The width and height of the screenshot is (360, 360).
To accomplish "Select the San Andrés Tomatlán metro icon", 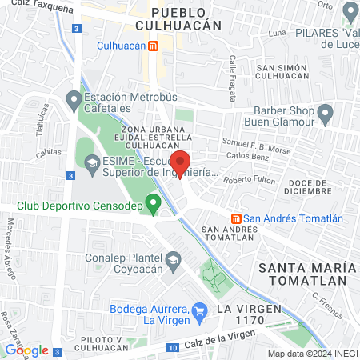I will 236,218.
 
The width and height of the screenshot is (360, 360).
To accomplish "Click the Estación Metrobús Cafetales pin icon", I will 74,102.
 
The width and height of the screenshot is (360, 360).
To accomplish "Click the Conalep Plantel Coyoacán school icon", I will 172,260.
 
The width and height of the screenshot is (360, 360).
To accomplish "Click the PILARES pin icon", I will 349,14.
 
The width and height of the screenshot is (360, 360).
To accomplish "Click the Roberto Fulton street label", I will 249,180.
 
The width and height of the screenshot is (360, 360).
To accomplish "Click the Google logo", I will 26,350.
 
